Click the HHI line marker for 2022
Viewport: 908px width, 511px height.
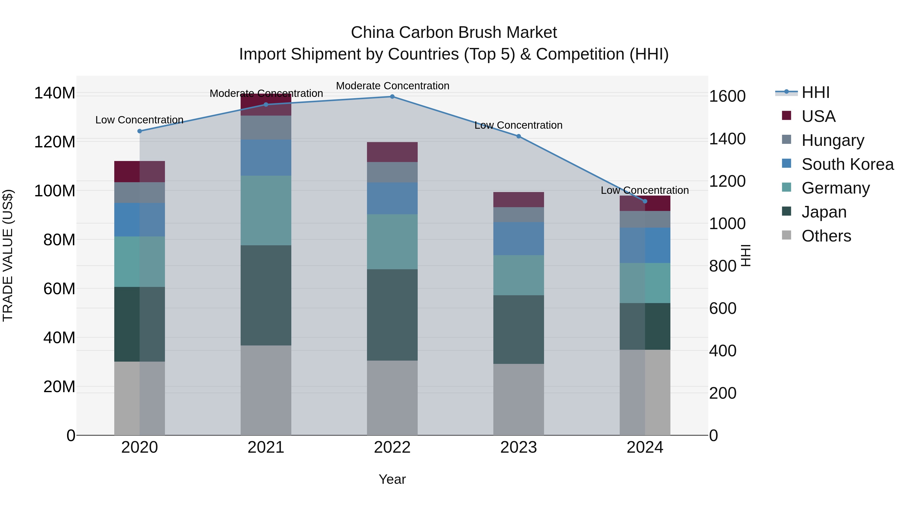click(x=392, y=97)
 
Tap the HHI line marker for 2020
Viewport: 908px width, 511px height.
click(x=139, y=131)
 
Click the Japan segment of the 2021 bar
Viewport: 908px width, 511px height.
click(x=266, y=295)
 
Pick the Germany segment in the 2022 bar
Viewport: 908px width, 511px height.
click(x=392, y=242)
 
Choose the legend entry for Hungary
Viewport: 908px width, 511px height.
click(x=833, y=140)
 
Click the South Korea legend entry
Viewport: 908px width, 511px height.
click(x=847, y=164)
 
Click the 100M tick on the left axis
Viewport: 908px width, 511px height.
click(x=55, y=191)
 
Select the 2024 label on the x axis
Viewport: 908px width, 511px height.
click(x=645, y=447)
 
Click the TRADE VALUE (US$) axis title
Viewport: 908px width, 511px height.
click(x=8, y=255)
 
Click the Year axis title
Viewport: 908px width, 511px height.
click(x=392, y=479)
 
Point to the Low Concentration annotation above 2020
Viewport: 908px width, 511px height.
click(x=139, y=120)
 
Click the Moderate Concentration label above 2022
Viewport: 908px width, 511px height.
click(x=392, y=86)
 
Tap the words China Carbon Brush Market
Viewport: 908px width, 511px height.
click(x=454, y=33)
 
